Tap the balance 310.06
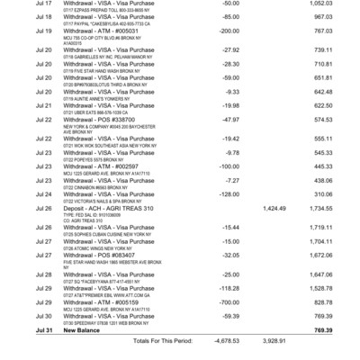[x=337, y=193]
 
